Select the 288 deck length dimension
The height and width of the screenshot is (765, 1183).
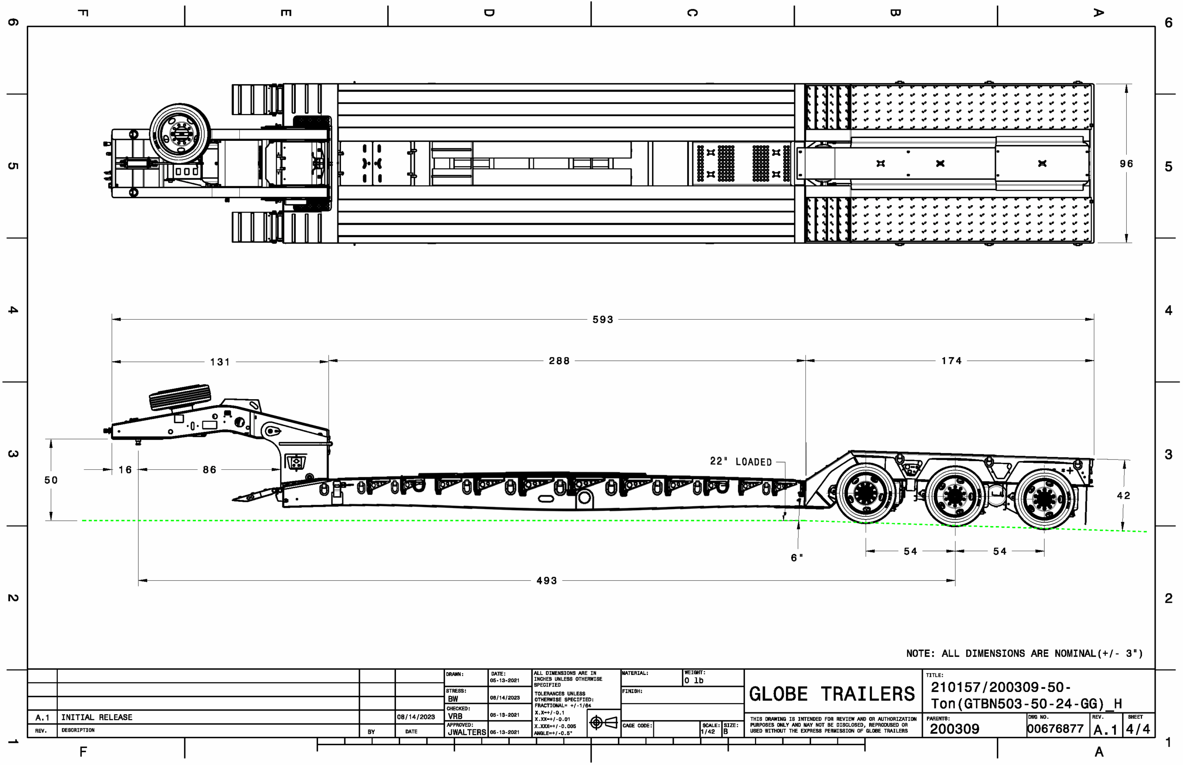(559, 361)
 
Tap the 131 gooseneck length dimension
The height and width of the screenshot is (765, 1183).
(220, 362)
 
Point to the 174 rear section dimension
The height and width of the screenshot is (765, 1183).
(951, 361)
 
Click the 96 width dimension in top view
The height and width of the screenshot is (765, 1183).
(1126, 164)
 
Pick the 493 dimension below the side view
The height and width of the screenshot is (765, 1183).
(547, 581)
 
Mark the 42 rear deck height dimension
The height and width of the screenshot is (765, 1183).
(1123, 496)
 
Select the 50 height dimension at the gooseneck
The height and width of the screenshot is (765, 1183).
(51, 480)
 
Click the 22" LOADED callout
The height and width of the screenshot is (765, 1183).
(741, 462)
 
